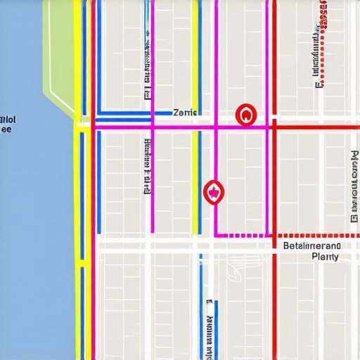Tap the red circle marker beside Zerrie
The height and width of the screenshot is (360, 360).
[x=245, y=114]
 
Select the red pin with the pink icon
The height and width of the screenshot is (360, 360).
[x=212, y=191]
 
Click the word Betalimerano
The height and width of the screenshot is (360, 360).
[x=311, y=246]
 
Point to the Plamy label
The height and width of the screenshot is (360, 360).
[x=324, y=257]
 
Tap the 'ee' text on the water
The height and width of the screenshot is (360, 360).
[x=6, y=129]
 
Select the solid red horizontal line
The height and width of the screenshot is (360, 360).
[x=316, y=128]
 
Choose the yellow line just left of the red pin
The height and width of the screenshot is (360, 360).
[x=195, y=183]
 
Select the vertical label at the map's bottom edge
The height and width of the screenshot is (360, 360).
[x=210, y=330]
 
